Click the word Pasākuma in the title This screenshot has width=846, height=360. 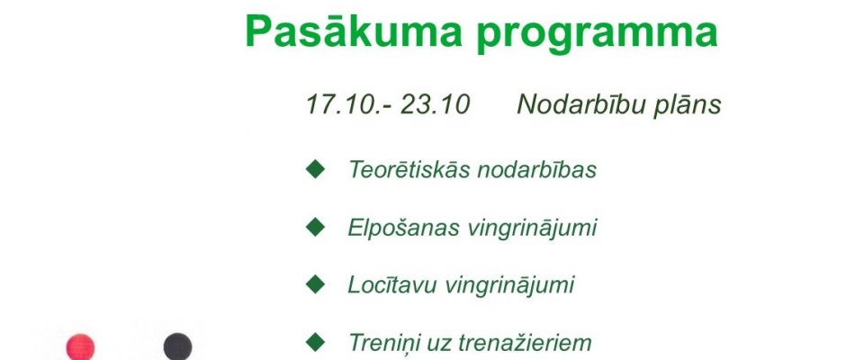click(354, 31)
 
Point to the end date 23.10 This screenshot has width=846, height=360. click(435, 104)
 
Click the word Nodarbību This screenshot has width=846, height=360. click(581, 103)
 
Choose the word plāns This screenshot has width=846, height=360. click(687, 104)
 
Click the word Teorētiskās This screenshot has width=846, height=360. click(410, 169)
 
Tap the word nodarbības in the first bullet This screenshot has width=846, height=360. click(537, 169)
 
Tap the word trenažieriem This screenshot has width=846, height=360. click(527, 343)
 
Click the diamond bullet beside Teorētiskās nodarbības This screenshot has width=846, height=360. click(315, 169)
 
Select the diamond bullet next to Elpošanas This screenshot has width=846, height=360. click(315, 227)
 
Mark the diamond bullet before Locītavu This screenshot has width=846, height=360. click(315, 283)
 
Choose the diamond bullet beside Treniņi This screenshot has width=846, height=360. click(315, 342)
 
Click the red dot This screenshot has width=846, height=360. click(80, 347)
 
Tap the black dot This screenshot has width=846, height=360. click(177, 347)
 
